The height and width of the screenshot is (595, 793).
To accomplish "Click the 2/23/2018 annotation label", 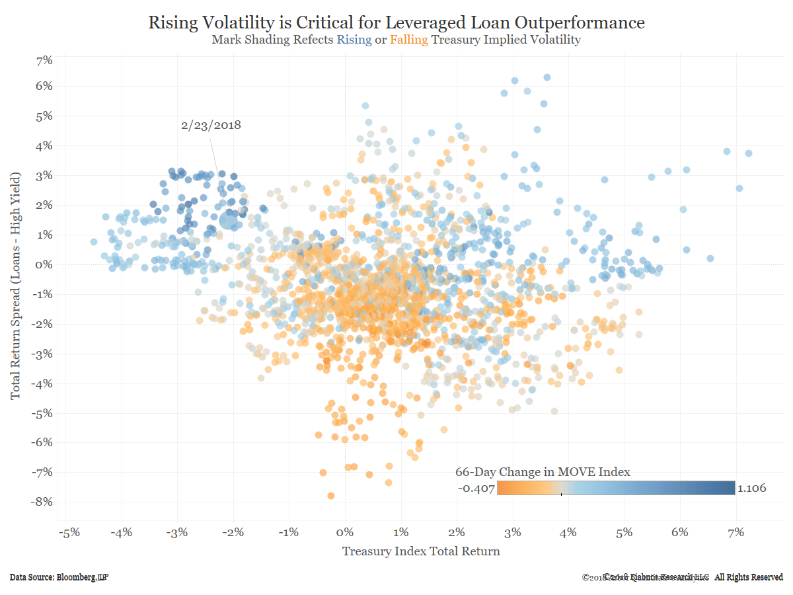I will [211, 125].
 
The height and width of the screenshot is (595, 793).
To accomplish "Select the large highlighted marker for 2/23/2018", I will [229, 219].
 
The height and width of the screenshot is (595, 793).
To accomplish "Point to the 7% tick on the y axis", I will [44, 61].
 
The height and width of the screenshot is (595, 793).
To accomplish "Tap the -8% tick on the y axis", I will [42, 502].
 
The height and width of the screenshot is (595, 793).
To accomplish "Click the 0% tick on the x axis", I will [345, 532].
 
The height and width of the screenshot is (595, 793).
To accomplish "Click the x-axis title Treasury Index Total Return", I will [421, 551].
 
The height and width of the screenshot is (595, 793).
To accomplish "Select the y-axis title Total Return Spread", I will [16, 286].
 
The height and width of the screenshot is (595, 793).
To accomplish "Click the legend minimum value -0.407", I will [475, 488].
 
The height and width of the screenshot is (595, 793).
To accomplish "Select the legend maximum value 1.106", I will [752, 488].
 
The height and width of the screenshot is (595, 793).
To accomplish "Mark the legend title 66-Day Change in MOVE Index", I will [543, 472].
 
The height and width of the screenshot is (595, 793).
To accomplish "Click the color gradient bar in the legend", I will [617, 488].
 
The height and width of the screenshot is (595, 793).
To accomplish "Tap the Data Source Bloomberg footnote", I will [59, 577].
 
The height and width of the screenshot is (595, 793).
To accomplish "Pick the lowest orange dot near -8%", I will [330, 496].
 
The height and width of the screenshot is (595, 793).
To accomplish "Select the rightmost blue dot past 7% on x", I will [748, 153].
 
